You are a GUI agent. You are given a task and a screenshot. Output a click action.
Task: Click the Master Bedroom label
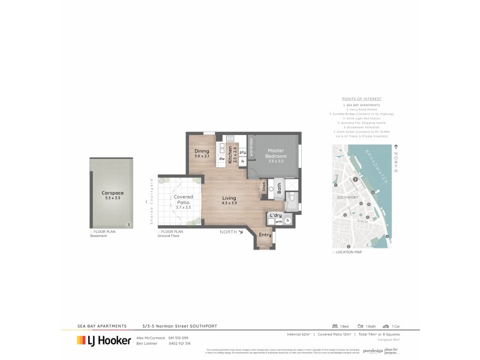pyautogui.click(x=275, y=153)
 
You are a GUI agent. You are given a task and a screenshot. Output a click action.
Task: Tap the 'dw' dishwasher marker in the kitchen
pyautogui.click(x=221, y=158)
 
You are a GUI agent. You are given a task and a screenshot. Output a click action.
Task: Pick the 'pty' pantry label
pyautogui.click(x=242, y=152)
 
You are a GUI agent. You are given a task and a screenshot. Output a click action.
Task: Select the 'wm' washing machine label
pyautogui.click(x=278, y=221)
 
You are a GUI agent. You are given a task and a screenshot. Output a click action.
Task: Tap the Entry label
pyautogui.click(x=265, y=236)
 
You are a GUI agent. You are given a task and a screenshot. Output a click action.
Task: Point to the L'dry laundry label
pyautogui.click(x=276, y=214)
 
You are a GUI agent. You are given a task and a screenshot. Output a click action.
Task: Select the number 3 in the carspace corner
pyautogui.click(x=128, y=225)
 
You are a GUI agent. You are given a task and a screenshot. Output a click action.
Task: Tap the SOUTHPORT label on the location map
pyautogui.click(x=347, y=197)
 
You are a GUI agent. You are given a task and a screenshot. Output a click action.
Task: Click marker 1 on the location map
pyautogui.click(x=355, y=179)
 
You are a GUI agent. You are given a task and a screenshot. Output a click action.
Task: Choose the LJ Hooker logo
pyautogui.click(x=104, y=340)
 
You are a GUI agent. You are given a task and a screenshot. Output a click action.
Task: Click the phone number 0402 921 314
pyautogui.click(x=179, y=344)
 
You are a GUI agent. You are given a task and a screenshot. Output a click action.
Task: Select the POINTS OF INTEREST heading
pyautogui.click(x=361, y=99)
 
